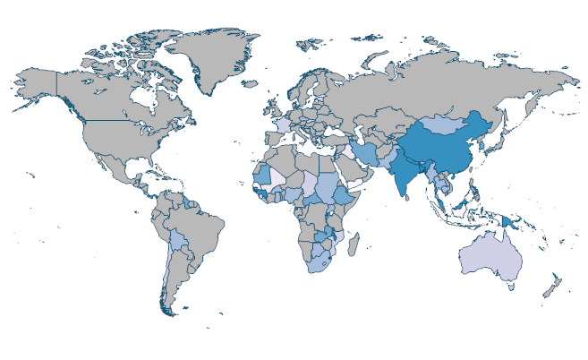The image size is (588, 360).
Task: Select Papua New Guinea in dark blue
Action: pyautogui.click(x=517, y=221)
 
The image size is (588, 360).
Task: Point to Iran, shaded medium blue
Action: pyautogui.click(x=367, y=152)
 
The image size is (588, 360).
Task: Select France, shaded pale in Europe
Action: pyautogui.click(x=282, y=125)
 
